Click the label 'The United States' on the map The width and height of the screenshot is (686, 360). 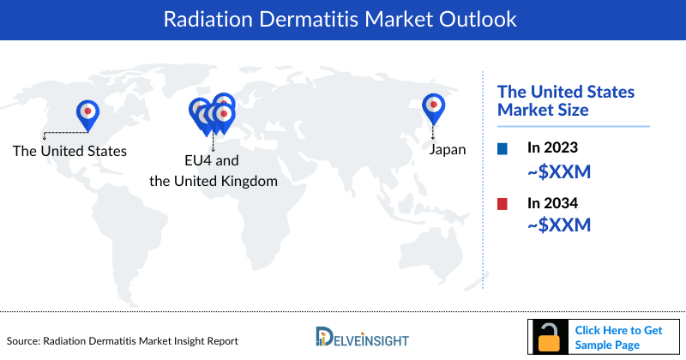(69, 151)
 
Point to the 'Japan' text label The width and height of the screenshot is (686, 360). (448, 149)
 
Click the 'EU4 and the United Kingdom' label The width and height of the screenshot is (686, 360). (213, 171)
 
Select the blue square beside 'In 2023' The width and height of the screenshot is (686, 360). (503, 149)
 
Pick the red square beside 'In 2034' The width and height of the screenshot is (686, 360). (503, 204)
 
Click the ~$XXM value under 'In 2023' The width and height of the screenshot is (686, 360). (559, 173)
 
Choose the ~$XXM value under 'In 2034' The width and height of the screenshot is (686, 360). (559, 226)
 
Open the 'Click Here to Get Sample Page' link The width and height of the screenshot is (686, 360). (617, 337)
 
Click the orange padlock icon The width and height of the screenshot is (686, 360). (548, 337)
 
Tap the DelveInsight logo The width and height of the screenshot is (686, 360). (361, 338)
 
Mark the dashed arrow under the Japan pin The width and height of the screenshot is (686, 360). (434, 130)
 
